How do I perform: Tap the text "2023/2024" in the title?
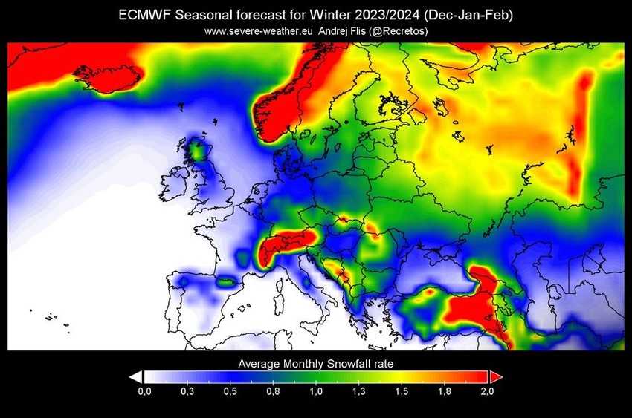point(375,15)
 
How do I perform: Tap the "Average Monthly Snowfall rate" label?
point(315,364)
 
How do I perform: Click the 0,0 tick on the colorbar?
point(145,391)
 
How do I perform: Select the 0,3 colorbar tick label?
point(187,391)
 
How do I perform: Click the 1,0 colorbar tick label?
point(316,391)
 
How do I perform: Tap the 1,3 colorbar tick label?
point(358,391)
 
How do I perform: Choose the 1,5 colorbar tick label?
point(402,391)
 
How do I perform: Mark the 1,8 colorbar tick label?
point(444,391)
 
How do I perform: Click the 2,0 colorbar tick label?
point(487,391)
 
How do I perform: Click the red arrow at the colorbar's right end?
point(494,377)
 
